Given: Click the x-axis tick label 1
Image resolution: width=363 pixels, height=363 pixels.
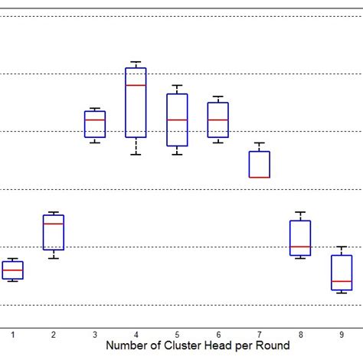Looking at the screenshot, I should pos(12,335).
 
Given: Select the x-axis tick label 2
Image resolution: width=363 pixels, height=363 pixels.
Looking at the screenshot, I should pos(54,335).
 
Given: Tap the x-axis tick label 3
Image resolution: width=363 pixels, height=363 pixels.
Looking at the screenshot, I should pos(94,335).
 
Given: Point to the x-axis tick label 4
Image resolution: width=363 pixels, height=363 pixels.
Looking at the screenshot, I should pos(136,335).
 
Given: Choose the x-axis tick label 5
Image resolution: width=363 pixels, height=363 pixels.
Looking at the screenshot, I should pos(177,335).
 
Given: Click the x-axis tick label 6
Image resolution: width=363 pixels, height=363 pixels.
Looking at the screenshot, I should pos(218,335).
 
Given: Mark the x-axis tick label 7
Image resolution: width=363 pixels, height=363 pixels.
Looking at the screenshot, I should pos(260,335).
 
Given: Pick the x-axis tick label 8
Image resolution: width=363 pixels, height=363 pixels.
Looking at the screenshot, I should pos(300,335).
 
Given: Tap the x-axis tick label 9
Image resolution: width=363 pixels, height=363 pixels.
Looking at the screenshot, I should pos(342,335).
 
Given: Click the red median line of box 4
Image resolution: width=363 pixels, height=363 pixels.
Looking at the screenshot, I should pos(136,85).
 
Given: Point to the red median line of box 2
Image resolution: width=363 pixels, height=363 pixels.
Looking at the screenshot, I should pos(54,224).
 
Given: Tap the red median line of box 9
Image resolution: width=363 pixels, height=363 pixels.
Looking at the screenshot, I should pos(342,282).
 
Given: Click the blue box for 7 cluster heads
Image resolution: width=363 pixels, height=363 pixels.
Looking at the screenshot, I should pos(260,164).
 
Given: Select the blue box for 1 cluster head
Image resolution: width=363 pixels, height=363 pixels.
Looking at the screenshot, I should pos(12,270).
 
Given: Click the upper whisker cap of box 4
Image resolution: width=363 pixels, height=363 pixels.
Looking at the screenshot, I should pos(136,62).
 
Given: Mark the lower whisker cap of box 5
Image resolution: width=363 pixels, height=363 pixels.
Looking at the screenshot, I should pos(177,155).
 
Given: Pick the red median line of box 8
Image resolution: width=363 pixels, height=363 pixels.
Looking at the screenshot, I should pos(300,247).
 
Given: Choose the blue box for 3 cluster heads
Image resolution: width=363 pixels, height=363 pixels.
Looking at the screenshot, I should pos(94,124).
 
